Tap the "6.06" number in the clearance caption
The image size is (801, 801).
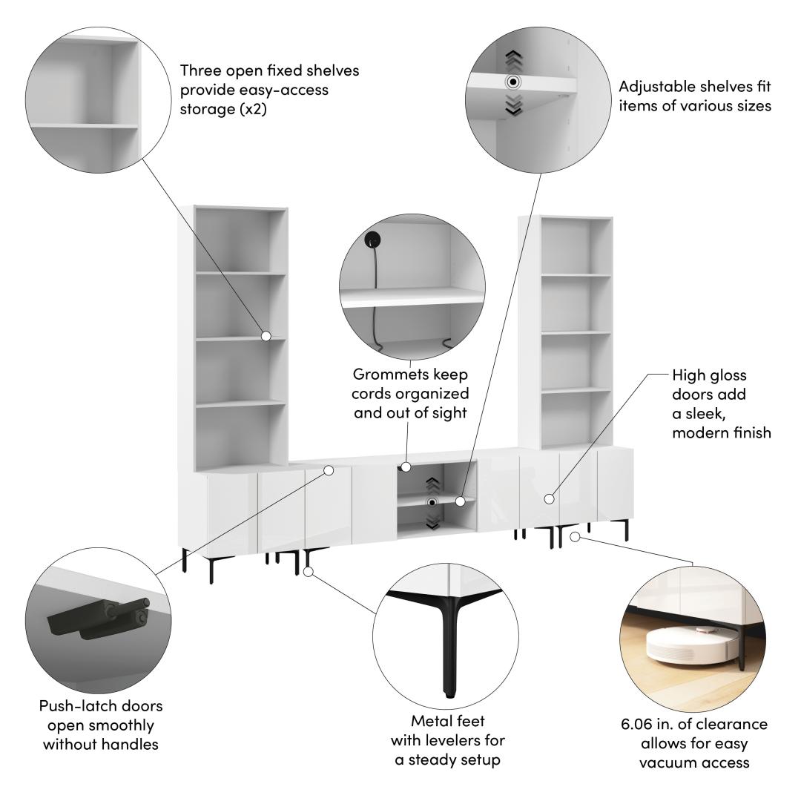[637, 724]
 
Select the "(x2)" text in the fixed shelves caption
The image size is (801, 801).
[253, 109]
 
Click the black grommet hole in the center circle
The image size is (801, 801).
[372, 239]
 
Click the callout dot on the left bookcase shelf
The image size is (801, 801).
[266, 336]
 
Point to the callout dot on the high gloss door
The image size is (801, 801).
[549, 498]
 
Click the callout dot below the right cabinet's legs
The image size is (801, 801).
[575, 537]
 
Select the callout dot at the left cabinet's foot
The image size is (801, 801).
[308, 572]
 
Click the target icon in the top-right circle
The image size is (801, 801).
[513, 82]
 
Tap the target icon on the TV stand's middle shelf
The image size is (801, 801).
[432, 503]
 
